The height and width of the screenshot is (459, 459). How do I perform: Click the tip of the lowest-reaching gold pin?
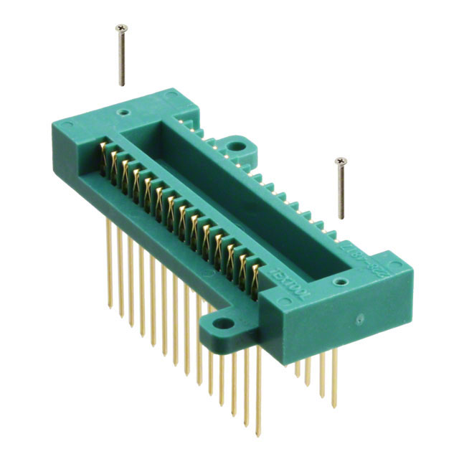click(257, 435)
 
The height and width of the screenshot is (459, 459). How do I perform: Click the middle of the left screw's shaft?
click(122, 57)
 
